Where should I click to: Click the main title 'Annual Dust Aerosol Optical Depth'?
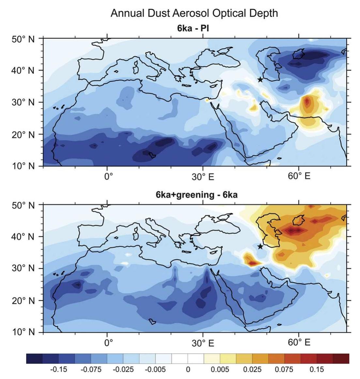pos(194,13)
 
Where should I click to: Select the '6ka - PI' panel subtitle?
pos(193,28)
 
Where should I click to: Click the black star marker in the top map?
pos(260,80)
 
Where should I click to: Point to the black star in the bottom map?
pos(260,246)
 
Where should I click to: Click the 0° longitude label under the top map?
pos(108,177)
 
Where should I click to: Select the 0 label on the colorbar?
pos(187,370)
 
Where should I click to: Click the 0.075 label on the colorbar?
pos(284,370)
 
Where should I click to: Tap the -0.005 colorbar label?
pos(156,370)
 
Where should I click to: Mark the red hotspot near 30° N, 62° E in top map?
pos(307,102)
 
